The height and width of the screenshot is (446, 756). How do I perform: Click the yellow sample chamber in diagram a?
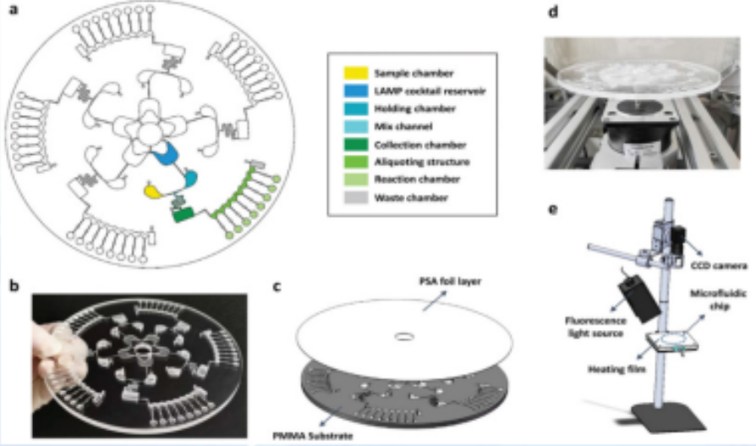coord(153,192)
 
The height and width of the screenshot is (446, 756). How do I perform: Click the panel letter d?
coord(553,14)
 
